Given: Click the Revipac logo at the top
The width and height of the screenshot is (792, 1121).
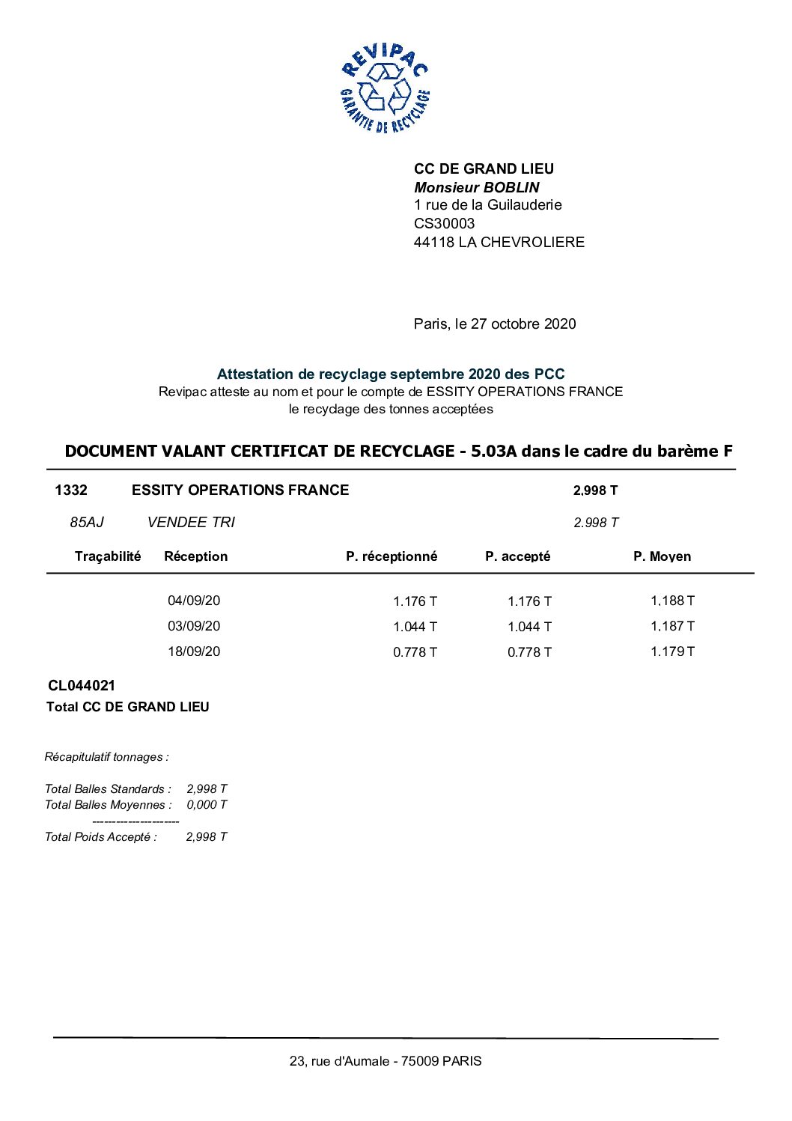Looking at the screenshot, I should tap(385, 88).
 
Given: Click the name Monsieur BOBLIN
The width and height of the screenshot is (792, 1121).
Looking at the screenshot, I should tap(476, 187).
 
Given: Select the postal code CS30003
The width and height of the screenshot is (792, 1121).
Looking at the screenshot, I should tap(444, 223).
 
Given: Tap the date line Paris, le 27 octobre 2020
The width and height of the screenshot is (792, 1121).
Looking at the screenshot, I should tap(495, 323).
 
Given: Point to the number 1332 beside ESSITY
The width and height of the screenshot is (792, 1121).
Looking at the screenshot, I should tap(71, 490).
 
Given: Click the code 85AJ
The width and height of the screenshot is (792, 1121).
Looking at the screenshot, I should tap(87, 522).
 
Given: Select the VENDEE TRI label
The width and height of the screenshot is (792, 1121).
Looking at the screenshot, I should tap(191, 522).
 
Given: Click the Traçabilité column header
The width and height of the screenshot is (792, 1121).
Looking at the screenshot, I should tap(108, 556).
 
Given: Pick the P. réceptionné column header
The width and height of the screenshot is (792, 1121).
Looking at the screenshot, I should tap(392, 556).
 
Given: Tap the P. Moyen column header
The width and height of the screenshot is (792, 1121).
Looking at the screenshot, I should tap(662, 556).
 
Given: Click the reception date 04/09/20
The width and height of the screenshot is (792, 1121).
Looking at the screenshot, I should tap(194, 601).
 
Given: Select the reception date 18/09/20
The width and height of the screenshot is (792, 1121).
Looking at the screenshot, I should tap(194, 651).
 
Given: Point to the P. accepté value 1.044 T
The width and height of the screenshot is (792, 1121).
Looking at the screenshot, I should tap(529, 627).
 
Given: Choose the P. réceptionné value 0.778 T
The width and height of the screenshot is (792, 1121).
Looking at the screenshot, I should tap(415, 652).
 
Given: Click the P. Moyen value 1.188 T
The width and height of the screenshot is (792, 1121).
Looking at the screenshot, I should tap(672, 601).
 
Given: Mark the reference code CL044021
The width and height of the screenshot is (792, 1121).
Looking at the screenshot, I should tap(82, 685).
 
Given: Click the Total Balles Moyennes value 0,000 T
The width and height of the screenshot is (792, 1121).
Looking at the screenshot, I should tap(207, 805).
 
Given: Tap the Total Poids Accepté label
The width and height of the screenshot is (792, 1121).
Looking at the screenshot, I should tap(101, 837).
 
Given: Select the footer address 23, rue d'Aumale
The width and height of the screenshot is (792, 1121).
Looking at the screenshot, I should tap(386, 1061).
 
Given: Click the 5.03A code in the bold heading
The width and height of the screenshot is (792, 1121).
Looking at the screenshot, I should tap(494, 451).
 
